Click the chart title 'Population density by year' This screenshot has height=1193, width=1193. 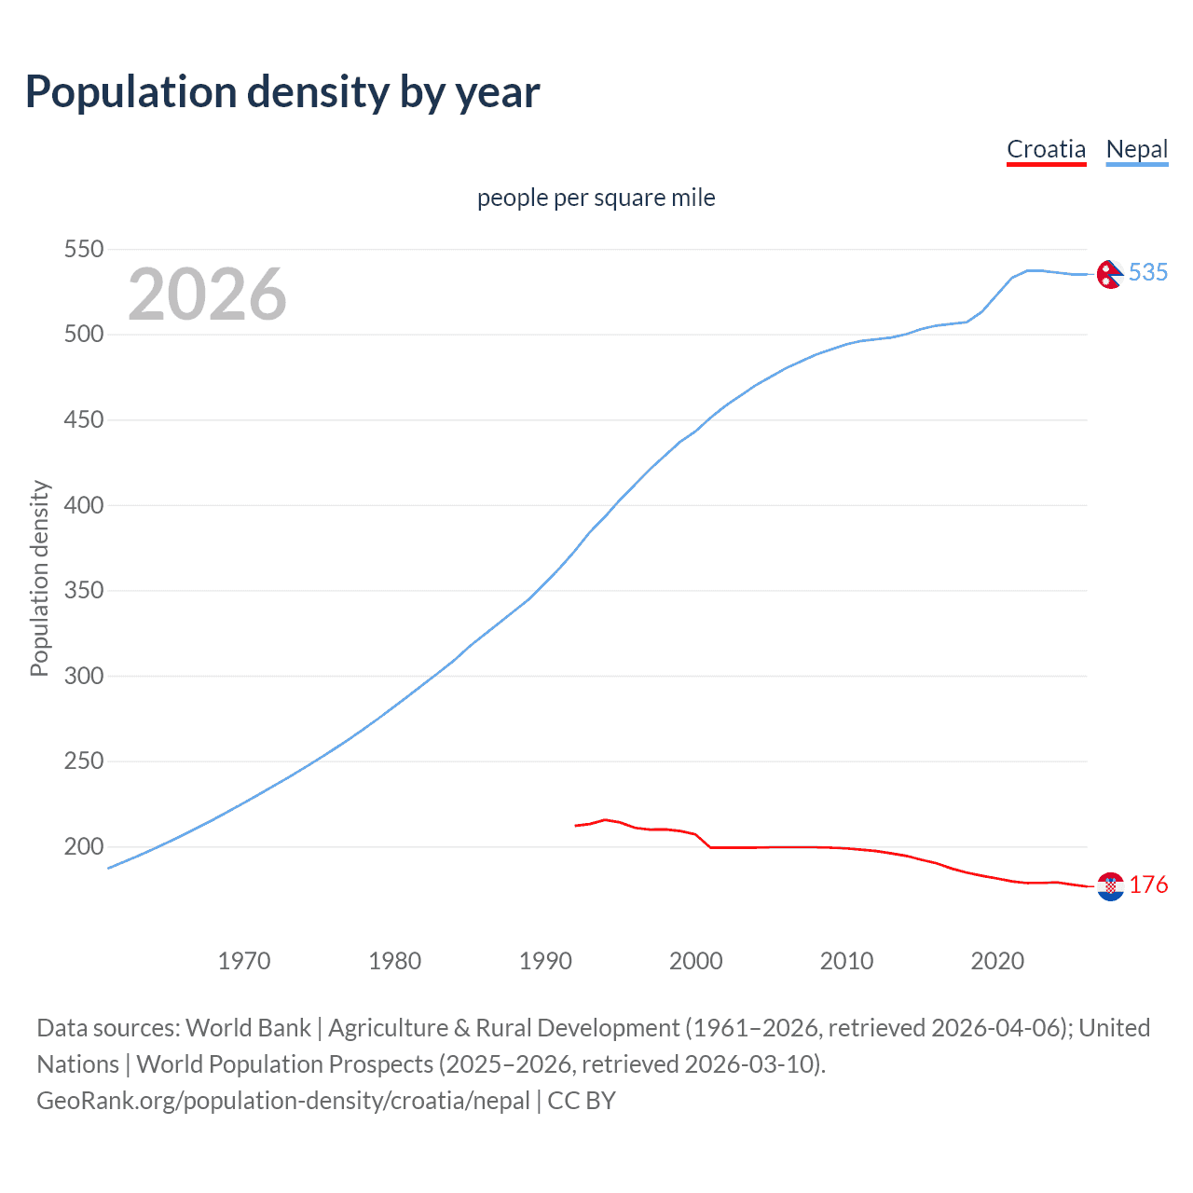pyautogui.click(x=282, y=92)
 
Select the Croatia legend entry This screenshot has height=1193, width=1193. pyautogui.click(x=1046, y=149)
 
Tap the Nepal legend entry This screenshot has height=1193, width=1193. pyautogui.click(x=1136, y=149)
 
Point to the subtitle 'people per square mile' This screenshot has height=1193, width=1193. pyautogui.click(x=596, y=199)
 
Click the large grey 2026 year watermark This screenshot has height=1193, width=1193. pyautogui.click(x=207, y=295)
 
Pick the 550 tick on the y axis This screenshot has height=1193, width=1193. pyautogui.click(x=83, y=250)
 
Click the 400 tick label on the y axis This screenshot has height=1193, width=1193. pyautogui.click(x=83, y=505)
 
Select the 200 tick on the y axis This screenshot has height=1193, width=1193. pyautogui.click(x=83, y=847)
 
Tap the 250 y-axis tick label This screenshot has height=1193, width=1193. pyautogui.click(x=83, y=761)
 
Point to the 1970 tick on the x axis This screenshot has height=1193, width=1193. pyautogui.click(x=244, y=961)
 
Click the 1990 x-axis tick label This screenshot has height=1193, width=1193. pyautogui.click(x=545, y=961)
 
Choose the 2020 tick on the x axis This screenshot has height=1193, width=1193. pyautogui.click(x=997, y=961)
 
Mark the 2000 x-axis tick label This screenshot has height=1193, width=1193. pyautogui.click(x=696, y=961)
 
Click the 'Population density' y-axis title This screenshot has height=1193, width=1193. pyautogui.click(x=39, y=578)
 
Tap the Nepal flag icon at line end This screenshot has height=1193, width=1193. pyautogui.click(x=1109, y=274)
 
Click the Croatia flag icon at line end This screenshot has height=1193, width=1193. pyautogui.click(x=1110, y=886)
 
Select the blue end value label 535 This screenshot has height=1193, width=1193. pyautogui.click(x=1148, y=272)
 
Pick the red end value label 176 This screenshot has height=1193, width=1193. pyautogui.click(x=1148, y=884)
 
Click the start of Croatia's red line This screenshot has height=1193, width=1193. pyautogui.click(x=576, y=826)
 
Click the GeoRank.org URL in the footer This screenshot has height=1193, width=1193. pyautogui.click(x=283, y=1101)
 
